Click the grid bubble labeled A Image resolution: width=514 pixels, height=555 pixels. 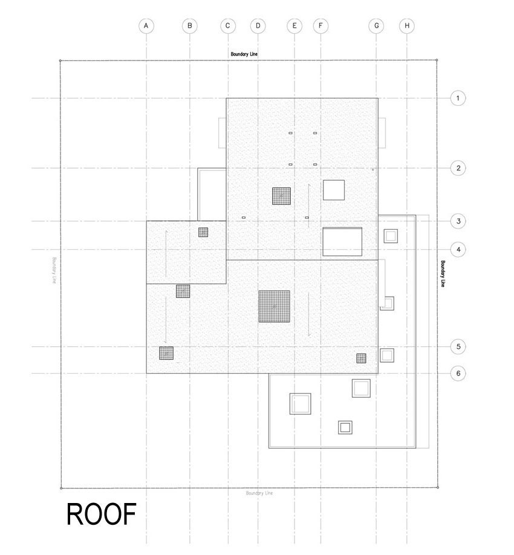146,26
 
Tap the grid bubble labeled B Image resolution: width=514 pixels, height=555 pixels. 190,26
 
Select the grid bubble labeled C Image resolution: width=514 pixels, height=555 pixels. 227,26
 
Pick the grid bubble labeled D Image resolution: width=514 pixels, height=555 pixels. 258,26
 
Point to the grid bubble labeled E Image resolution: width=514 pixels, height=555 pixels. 294,26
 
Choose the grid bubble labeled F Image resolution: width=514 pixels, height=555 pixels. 320,26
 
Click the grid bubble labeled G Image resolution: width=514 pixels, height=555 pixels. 376,26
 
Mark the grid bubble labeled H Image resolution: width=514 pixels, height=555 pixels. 407,26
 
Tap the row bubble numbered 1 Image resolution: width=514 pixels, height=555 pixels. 458,98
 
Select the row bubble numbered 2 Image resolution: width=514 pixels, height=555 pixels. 458,168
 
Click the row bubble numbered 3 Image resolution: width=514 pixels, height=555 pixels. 458,221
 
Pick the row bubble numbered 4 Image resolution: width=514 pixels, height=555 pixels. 458,250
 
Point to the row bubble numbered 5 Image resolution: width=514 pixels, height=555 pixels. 458,346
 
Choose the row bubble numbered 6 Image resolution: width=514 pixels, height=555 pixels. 458,373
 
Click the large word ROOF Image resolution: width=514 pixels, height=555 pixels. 102,514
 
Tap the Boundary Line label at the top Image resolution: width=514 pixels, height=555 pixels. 244,54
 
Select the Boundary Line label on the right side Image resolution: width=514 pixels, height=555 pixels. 443,274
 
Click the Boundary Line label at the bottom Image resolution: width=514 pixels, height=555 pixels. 259,493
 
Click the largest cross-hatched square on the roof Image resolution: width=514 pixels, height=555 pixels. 275,307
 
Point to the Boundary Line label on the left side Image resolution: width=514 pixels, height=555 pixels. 54,270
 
